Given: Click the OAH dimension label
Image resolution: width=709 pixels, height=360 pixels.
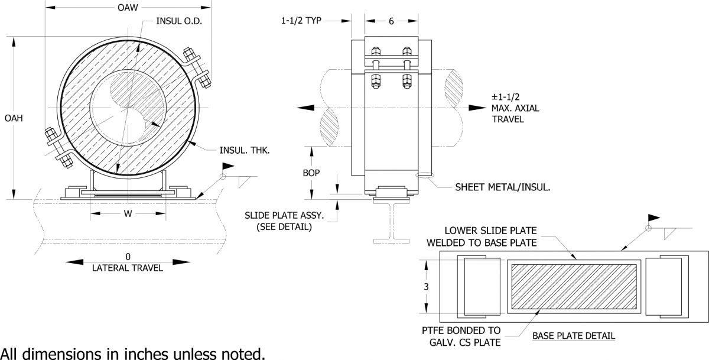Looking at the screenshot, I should click(13, 118).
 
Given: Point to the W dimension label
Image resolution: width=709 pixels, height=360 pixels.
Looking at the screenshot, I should click(128, 213).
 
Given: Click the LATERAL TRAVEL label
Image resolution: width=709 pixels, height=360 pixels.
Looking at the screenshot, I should click(128, 267).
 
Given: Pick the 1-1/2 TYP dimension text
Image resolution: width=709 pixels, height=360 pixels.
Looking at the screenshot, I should click(301, 21).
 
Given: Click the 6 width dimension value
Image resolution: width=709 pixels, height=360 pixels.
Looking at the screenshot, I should click(391, 21).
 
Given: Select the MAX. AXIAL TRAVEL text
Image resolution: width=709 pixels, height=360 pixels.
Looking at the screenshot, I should click(515, 109).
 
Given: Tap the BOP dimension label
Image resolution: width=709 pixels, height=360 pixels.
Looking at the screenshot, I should click(313, 174).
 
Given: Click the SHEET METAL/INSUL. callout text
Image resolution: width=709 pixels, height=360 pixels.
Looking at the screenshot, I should click(503, 188).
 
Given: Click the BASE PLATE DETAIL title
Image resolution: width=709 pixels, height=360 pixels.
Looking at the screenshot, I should click(573, 336).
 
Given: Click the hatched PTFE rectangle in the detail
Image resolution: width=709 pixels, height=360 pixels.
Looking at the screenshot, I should click(574, 287).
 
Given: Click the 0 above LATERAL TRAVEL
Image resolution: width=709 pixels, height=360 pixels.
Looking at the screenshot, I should click(128, 257).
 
